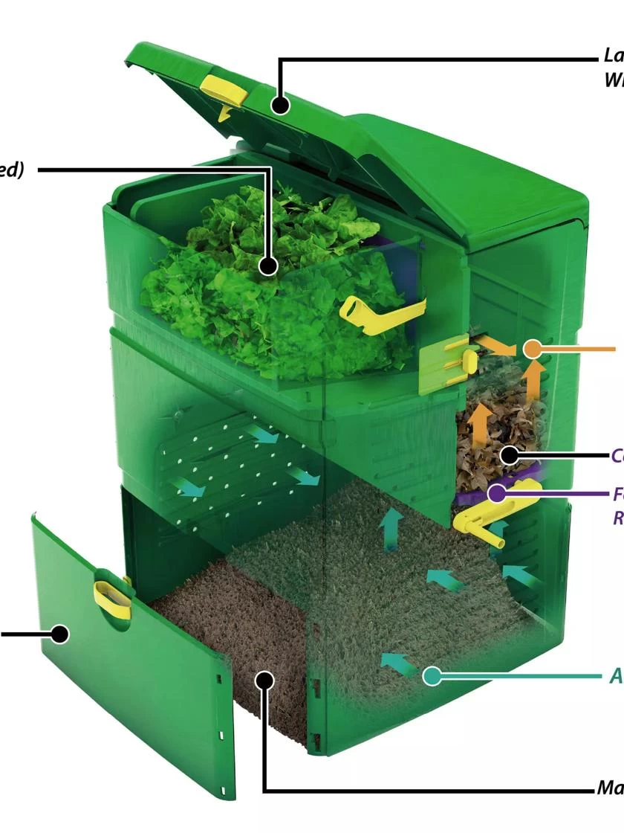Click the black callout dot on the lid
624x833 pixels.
click(x=280, y=105)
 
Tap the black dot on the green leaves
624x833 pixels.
click(x=268, y=266)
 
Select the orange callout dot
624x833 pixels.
click(x=533, y=349)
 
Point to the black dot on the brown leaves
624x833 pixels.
click(x=509, y=453)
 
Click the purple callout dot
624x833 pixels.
click(x=497, y=492)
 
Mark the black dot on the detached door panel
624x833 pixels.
click(x=59, y=634)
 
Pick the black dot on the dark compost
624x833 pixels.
click(x=264, y=680)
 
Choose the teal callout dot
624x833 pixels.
click(x=432, y=676)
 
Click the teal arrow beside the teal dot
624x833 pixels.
click(x=400, y=663)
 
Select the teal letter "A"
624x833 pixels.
click(x=616, y=675)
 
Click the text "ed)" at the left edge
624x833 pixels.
click(x=11, y=170)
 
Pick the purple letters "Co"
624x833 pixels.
click(x=617, y=454)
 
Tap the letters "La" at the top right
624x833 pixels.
click(x=613, y=55)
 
